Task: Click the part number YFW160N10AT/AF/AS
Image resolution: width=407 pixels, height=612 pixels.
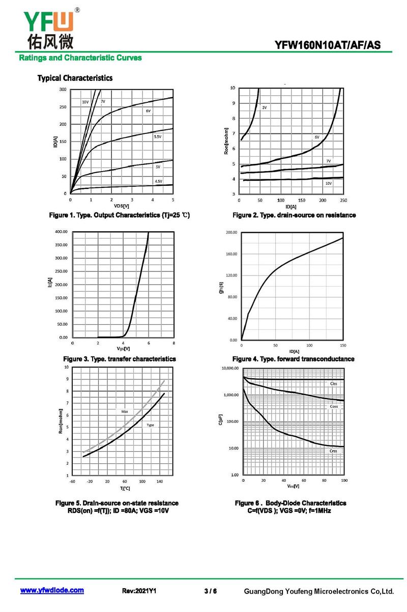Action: point(327,45)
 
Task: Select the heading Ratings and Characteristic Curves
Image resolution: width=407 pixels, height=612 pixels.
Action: point(80,58)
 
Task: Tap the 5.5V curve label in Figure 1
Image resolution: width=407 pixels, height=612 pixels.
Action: point(158,136)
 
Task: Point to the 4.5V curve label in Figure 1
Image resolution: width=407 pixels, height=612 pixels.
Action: point(158,181)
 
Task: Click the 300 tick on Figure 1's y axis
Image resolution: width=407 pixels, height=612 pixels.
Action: point(63,89)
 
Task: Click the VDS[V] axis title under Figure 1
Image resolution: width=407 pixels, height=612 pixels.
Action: point(122,206)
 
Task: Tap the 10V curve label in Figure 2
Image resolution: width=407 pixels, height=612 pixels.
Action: point(328,183)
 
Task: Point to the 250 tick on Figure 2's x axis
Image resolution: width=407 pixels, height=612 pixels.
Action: point(343,200)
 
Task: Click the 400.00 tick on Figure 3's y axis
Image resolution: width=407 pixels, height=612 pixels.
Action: point(61,232)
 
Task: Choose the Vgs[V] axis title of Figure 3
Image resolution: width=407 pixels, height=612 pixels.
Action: point(123,349)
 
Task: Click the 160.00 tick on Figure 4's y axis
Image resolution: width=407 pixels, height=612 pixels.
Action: point(231,254)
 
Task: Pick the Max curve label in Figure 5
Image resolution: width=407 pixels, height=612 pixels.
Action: point(125,411)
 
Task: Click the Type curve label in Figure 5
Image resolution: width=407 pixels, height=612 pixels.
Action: point(150,425)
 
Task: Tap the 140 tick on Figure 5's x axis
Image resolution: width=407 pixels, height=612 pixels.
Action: point(159,482)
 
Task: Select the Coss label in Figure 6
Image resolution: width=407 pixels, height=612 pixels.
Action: point(334,406)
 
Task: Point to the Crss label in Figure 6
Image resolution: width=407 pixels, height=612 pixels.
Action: point(333,451)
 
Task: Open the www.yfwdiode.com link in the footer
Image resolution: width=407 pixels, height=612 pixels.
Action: point(52,590)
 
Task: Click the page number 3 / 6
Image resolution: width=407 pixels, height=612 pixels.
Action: point(211,591)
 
